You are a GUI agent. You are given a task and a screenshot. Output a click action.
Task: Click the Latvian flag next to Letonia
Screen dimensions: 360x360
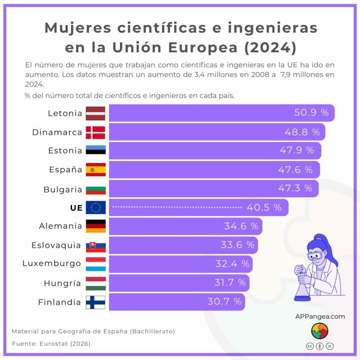[x=96, y=113]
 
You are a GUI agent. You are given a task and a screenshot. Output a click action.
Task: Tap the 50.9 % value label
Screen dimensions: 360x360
[x=311, y=113]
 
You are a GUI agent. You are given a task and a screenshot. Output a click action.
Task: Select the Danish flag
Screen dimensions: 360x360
[x=96, y=132]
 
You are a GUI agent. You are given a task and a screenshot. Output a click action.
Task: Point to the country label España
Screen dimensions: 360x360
[x=65, y=169]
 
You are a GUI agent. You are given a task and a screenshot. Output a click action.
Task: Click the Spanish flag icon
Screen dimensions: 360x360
[x=96, y=169]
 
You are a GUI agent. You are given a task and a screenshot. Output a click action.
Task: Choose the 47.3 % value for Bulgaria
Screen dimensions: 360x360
[x=295, y=188]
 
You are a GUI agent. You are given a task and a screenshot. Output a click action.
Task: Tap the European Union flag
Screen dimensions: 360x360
[x=96, y=207]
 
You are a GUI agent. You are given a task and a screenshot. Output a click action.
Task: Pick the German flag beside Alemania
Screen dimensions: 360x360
[x=96, y=226]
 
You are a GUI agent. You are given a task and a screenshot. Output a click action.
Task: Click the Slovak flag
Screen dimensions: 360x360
[x=96, y=245]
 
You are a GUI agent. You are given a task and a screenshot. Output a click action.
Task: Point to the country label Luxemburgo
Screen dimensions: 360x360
[x=52, y=264]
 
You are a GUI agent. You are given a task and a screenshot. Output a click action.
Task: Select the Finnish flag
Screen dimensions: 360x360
[x=96, y=302]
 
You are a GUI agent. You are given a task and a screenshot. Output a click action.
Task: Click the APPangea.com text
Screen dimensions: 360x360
[x=320, y=316]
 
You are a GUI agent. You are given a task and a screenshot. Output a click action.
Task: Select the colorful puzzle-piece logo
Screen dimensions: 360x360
[x=320, y=331]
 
